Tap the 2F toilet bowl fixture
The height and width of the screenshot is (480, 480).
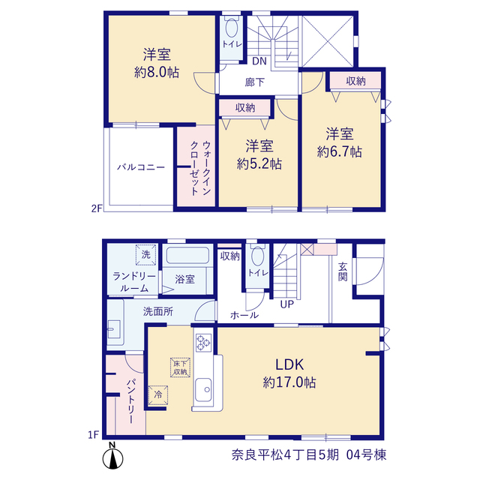[232, 27]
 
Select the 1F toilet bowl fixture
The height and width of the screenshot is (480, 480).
[257, 255]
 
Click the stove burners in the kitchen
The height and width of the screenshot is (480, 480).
[203, 342]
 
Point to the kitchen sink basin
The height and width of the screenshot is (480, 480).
[203, 389]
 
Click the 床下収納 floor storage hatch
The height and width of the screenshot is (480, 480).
[180, 367]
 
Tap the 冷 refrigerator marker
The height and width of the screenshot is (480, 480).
[158, 395]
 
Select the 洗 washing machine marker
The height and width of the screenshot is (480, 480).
[146, 254]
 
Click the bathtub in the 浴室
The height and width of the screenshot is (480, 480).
[187, 256]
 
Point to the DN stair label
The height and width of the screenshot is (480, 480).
[259, 61]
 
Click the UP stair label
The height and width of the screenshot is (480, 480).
[286, 304]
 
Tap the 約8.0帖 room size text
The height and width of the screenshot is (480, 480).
[157, 73]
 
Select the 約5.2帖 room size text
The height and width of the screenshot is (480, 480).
[259, 164]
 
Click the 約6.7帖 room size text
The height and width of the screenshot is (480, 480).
[340, 151]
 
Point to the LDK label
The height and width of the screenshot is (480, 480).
[289, 364]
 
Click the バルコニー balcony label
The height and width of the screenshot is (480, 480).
[141, 167]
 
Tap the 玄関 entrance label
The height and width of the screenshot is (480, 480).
[343, 271]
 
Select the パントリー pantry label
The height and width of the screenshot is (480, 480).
[131, 401]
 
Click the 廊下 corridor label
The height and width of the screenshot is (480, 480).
[255, 82]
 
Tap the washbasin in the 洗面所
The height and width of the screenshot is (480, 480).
[114, 329]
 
